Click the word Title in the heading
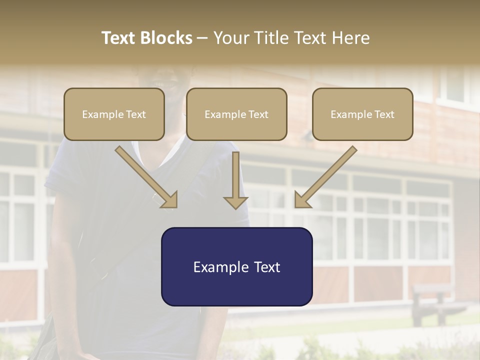pos(269,38)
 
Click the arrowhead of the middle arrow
pos(235,202)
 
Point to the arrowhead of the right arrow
pos(302,200)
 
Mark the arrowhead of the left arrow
pos(170,200)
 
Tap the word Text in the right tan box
pos(384,114)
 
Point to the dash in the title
pos(202,38)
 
